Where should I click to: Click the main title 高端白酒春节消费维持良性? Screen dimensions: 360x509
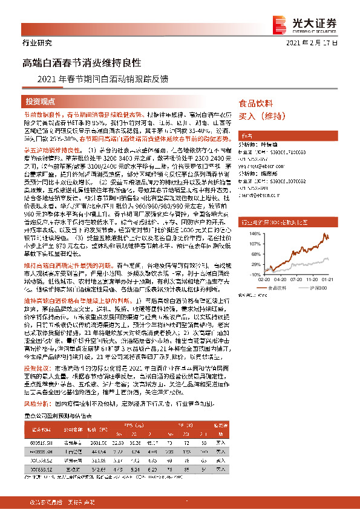click(82, 62)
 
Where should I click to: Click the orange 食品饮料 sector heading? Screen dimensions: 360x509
click(256, 103)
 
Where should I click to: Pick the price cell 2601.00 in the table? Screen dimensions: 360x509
click(97, 443)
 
